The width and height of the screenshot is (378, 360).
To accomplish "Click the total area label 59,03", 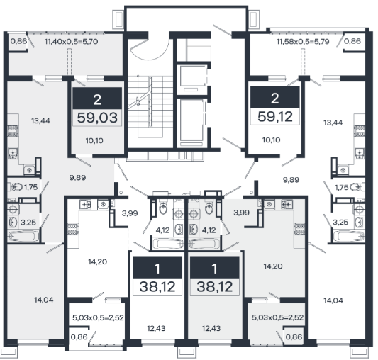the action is [97, 118].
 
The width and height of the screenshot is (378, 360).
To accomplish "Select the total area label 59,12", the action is [275, 117].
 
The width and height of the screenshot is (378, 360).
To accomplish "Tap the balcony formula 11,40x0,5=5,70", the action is [72, 42].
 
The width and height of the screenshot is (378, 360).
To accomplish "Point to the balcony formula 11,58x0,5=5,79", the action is [303, 41].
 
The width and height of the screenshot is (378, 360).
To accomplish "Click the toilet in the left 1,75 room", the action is [16, 187].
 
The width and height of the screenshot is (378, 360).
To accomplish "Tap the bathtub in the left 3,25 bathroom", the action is [23, 236].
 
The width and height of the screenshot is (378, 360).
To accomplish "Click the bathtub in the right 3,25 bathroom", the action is [349, 236].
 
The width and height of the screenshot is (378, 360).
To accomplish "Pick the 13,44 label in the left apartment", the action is [40, 120].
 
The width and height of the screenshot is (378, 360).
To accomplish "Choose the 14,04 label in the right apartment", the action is [333, 300].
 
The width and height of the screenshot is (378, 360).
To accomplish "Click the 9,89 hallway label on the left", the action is [77, 178].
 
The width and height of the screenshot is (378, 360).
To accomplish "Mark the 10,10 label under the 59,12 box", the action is [271, 140].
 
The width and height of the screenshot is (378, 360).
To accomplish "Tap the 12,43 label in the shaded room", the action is [211, 328].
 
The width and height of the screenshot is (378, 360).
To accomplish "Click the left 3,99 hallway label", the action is [130, 213].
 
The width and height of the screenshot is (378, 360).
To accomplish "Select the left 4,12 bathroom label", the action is [162, 230].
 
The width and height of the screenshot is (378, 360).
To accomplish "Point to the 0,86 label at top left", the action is [19, 41].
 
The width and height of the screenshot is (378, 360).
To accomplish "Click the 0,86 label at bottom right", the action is [294, 337].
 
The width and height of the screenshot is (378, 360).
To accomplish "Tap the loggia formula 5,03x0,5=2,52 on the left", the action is [98, 317].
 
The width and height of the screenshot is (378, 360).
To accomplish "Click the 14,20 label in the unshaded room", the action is [97, 261].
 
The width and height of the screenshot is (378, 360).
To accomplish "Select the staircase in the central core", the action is [150, 106].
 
